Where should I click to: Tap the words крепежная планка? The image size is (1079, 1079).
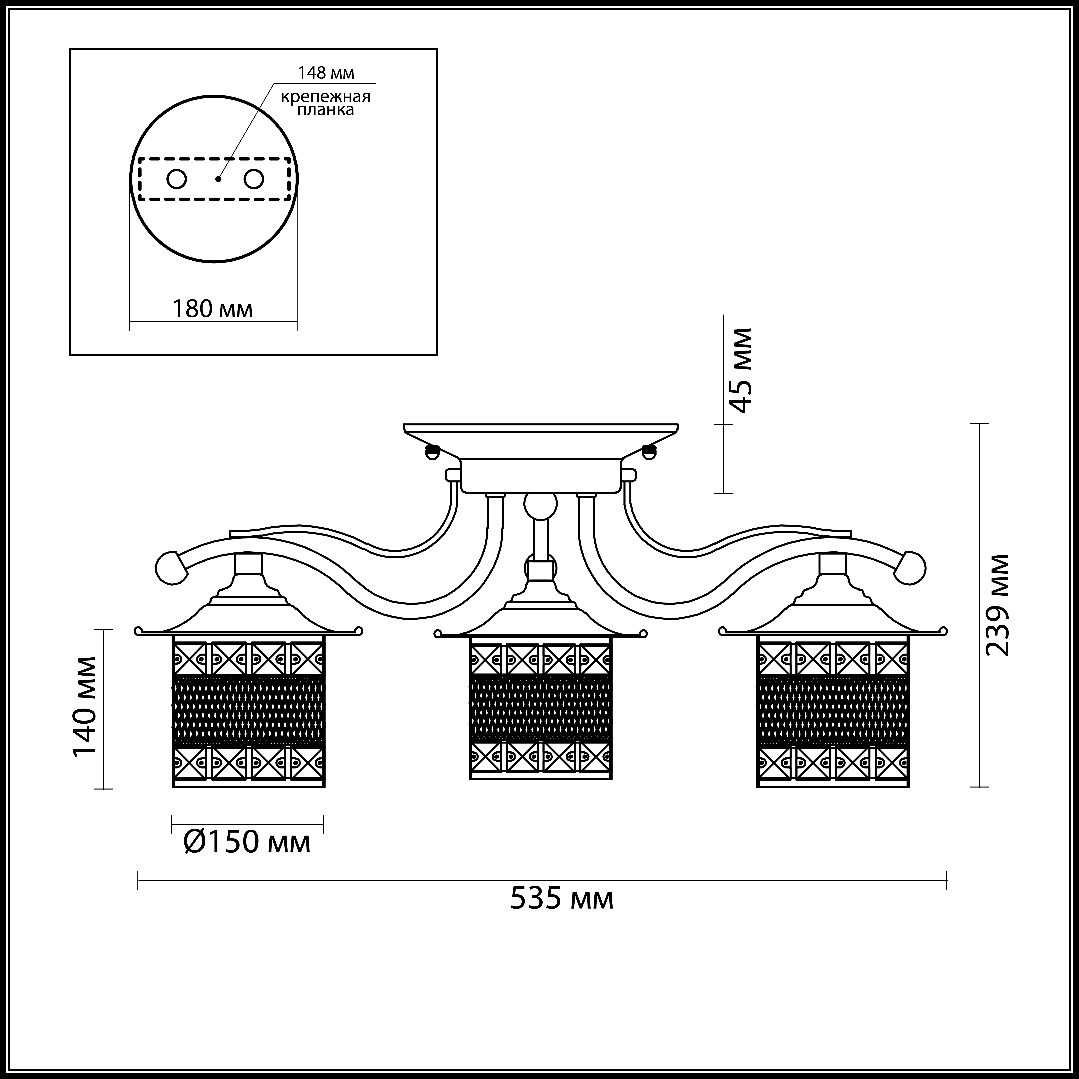326,103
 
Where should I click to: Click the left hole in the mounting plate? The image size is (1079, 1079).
177,179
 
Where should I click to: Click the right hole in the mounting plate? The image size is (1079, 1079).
254,179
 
